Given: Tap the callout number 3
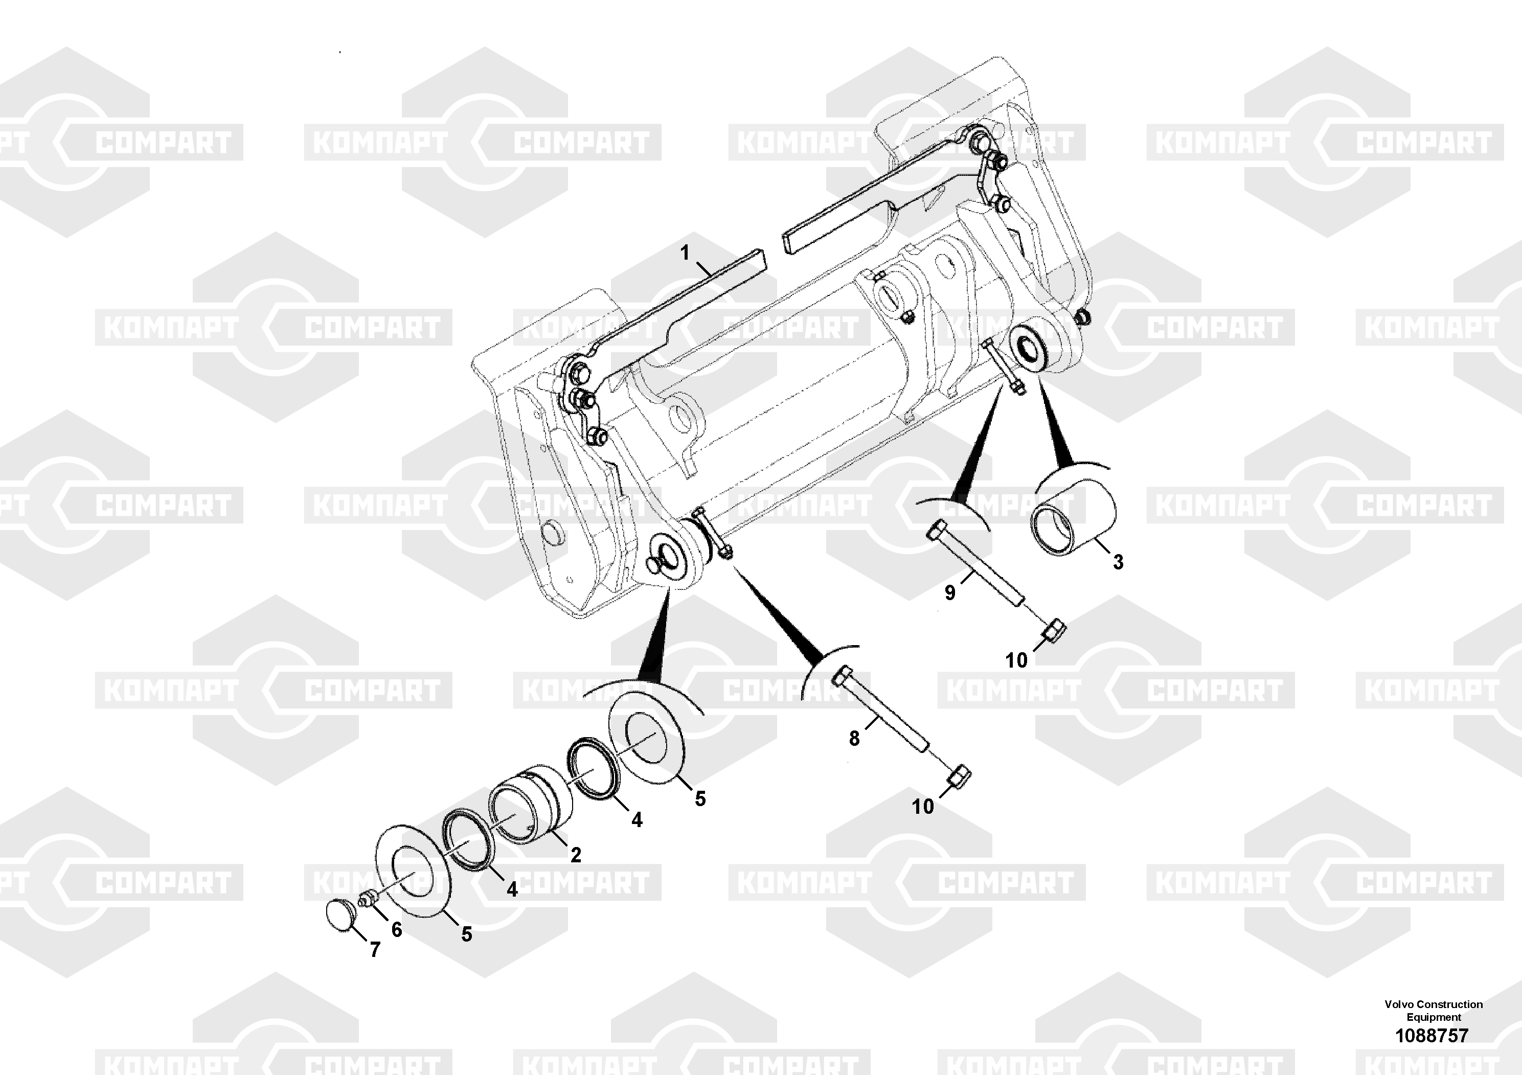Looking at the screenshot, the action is (1118, 562).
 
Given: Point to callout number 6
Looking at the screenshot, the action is (396, 929).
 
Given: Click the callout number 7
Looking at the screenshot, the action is (375, 950).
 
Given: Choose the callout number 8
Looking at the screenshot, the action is (854, 738).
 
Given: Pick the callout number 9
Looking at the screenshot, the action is (950, 592).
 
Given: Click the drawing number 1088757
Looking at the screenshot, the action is (1432, 1035).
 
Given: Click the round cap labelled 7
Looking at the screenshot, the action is (343, 914).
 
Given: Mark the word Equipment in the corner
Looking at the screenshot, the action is (1434, 1017).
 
